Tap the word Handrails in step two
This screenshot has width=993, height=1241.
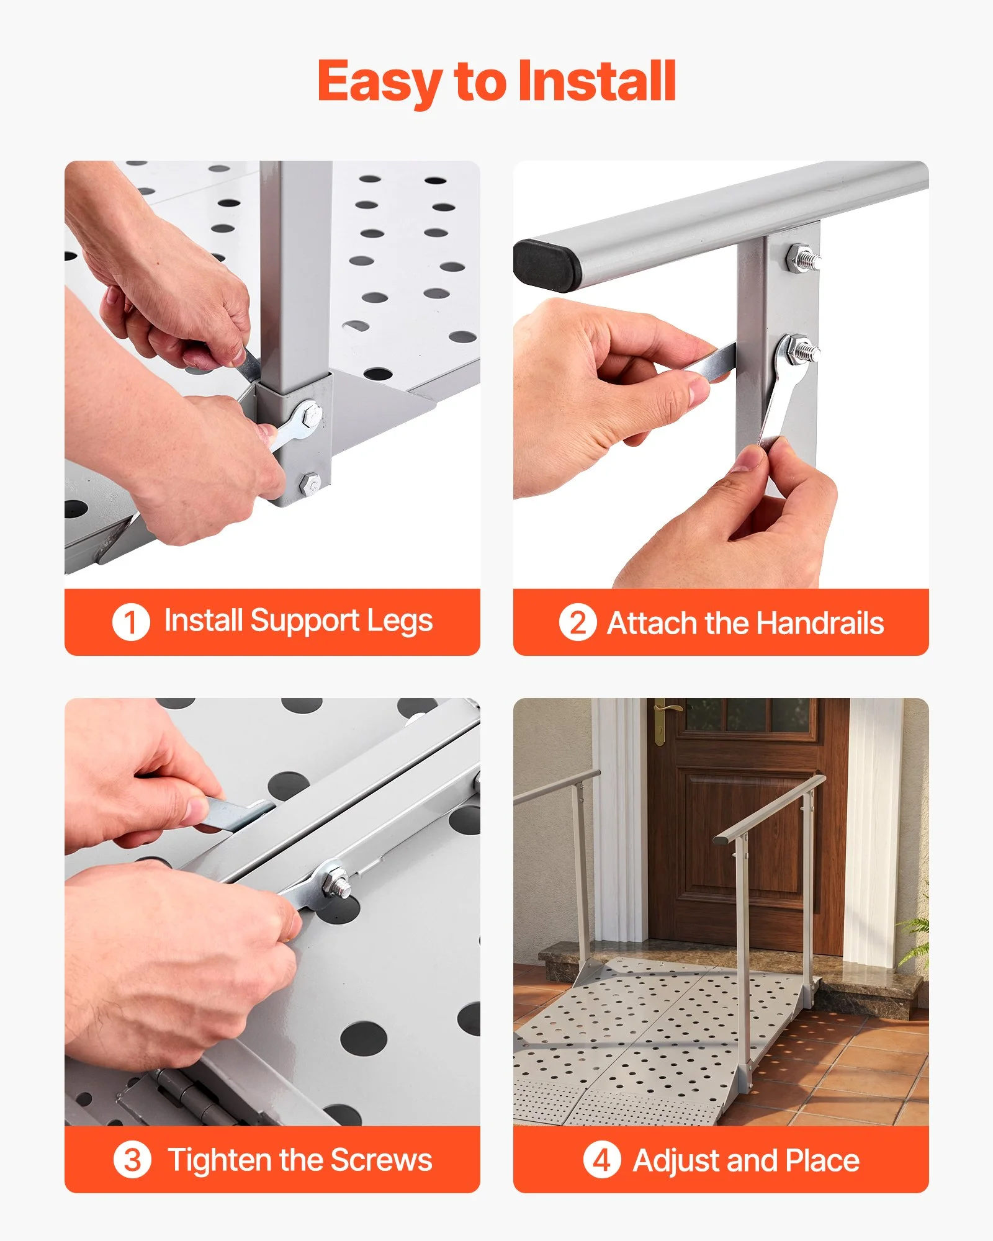coord(820,623)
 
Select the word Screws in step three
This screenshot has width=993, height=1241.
coord(381,1160)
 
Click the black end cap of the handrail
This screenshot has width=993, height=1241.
coord(546,264)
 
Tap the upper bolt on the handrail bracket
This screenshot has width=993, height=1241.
coord(803,257)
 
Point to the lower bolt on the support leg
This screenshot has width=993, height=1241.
coord(311,483)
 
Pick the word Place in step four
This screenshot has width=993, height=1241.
coord(822,1160)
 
